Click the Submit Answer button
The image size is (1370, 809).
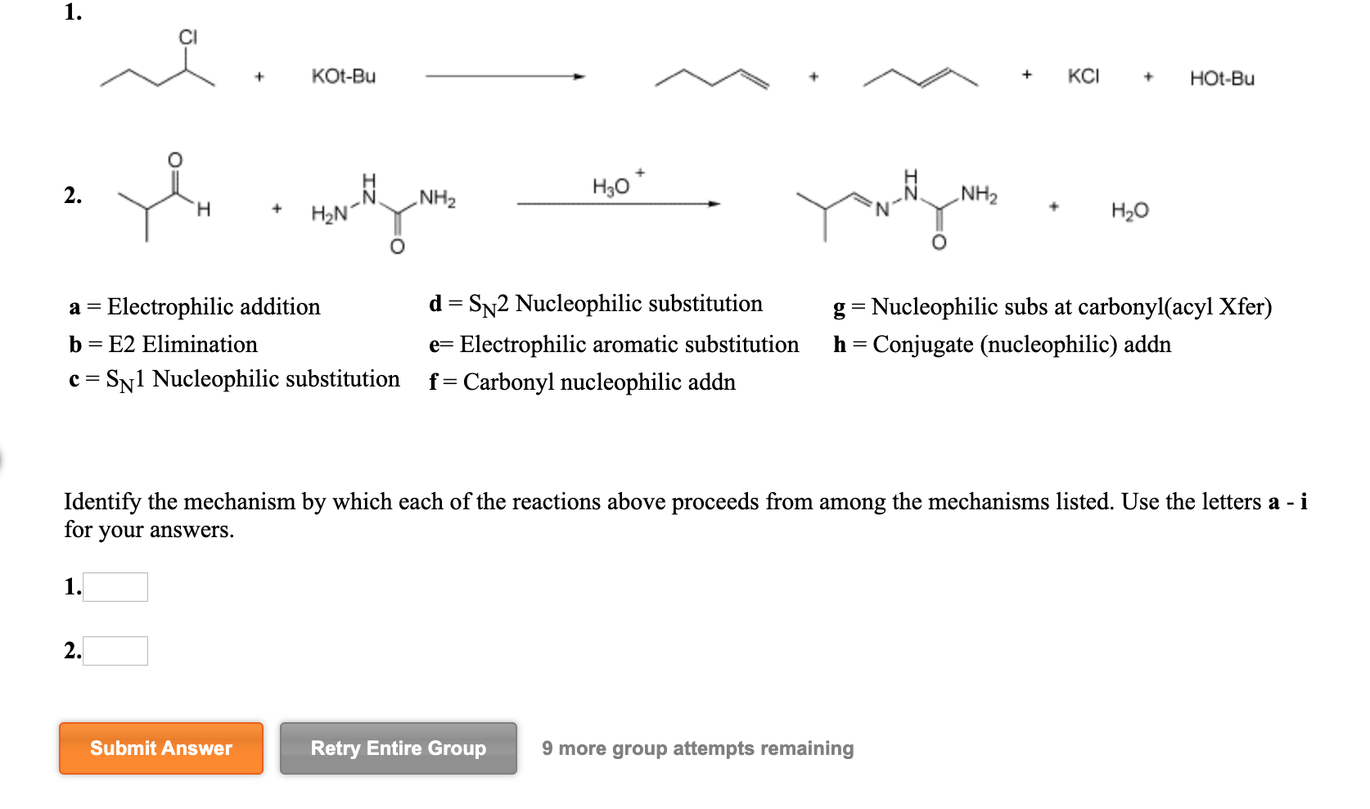point(161,748)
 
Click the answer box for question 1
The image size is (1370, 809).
point(115,587)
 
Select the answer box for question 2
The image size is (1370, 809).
point(115,651)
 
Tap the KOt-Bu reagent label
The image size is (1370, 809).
point(344,76)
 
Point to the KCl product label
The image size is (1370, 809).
point(1084,76)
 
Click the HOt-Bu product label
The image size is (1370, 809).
point(1222,79)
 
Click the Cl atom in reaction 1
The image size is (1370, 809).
point(188,38)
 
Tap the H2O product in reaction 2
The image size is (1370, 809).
point(1130,210)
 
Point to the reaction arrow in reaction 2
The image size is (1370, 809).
point(618,204)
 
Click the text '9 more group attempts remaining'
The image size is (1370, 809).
point(697,748)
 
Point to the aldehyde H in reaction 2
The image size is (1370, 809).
point(204,210)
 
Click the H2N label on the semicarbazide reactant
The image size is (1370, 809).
point(328,215)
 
